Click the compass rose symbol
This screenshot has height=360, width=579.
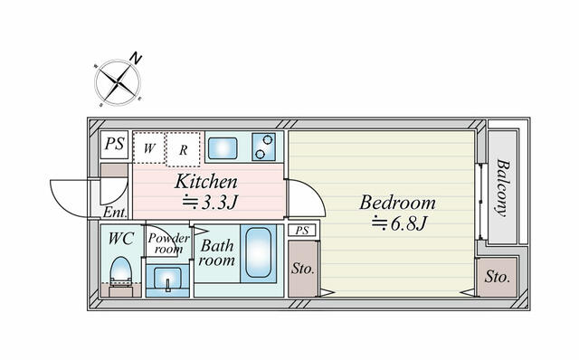118,81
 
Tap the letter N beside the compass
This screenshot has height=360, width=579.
136,58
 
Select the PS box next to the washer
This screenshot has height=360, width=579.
114,145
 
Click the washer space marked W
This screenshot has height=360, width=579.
148,147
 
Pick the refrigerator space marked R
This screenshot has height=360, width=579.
183,149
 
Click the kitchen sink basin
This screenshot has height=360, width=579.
223,148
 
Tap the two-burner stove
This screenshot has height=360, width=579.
263,147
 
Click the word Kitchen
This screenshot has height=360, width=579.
206,182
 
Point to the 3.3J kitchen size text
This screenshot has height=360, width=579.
209,202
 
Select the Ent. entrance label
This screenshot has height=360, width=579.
115,213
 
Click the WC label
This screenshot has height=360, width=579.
120,239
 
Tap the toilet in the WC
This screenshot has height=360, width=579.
121,272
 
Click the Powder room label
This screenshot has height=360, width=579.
168,243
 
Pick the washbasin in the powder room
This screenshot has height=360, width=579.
167,280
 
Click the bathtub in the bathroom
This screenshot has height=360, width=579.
258,252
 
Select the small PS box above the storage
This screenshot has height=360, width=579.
302,231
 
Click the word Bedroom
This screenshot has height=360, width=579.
398,203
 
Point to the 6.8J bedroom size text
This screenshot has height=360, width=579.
399,223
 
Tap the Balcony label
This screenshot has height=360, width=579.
502,187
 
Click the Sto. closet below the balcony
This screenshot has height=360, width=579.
497,278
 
